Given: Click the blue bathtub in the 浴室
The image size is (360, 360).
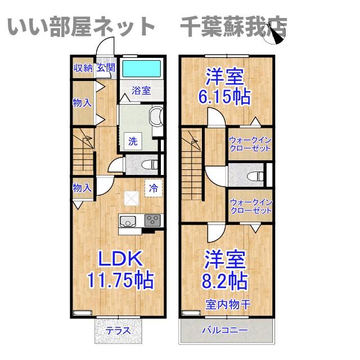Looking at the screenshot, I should pyautogui.click(x=141, y=69).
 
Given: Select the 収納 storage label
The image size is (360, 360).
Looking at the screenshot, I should pyautogui.click(x=83, y=68).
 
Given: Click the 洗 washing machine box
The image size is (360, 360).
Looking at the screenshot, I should pyautogui.click(x=133, y=141).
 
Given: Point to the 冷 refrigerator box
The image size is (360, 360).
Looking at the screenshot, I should pyautogui.click(x=153, y=188).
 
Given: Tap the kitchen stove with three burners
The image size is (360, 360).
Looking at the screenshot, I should pyautogui.click(x=152, y=220).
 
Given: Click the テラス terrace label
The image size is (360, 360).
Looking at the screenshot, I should pyautogui.click(x=118, y=331).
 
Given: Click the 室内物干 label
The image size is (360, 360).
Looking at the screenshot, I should pyautogui.click(x=228, y=304).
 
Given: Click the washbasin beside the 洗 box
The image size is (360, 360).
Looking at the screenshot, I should pyautogui.click(x=156, y=117).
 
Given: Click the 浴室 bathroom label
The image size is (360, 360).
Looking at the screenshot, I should pyautogui.click(x=141, y=90).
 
